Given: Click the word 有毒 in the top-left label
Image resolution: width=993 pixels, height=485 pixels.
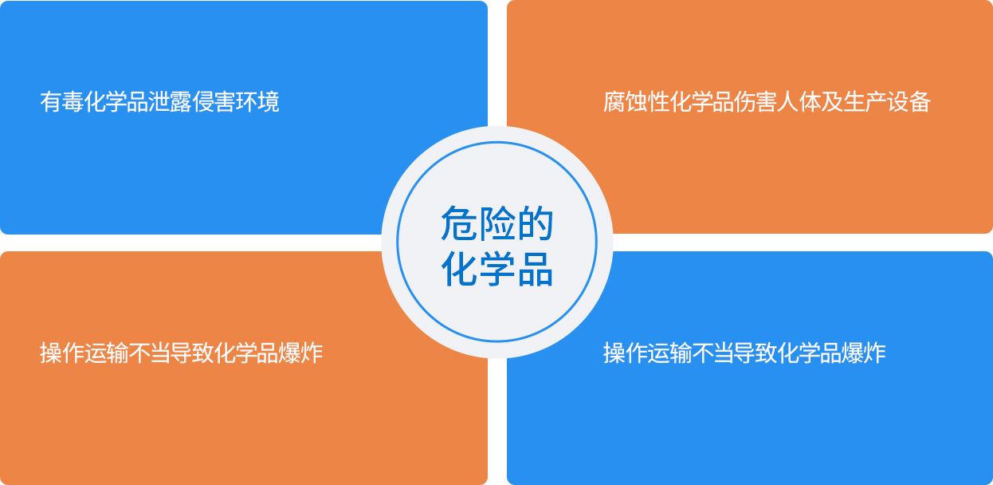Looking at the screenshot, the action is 61,102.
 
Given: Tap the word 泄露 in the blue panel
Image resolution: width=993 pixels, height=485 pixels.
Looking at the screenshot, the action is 170,102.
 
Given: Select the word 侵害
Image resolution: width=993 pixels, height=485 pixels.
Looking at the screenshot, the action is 214,102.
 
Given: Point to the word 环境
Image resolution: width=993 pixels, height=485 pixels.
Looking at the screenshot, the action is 257,102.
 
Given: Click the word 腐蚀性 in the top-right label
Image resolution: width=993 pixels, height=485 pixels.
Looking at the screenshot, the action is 636,102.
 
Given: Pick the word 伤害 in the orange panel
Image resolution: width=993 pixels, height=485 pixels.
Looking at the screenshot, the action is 755,102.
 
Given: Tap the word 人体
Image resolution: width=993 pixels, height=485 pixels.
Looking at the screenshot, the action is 799,102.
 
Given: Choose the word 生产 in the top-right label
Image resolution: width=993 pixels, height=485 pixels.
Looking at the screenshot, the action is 864,102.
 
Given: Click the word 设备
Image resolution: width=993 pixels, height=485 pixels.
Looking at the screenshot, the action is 908,102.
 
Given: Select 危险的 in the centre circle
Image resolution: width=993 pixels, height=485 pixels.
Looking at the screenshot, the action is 497,223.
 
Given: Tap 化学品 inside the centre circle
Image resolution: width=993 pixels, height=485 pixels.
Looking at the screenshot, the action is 497,270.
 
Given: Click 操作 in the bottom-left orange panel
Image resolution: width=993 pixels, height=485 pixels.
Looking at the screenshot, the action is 61,353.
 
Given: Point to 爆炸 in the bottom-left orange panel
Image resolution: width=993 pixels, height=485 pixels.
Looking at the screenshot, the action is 300,353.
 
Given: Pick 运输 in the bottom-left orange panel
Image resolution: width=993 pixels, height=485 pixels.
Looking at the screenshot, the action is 104,353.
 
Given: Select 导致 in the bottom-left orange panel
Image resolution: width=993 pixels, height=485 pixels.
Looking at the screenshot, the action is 191,353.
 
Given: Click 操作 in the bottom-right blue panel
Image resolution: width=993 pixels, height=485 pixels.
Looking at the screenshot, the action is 625,353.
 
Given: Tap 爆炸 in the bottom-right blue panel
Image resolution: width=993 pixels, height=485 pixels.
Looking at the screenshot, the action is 864,353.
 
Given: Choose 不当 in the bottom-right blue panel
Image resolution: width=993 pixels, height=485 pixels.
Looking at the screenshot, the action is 712,353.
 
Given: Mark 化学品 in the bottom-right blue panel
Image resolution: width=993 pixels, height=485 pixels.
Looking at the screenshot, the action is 810,353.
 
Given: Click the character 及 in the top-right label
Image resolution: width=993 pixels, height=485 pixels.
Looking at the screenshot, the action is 831,102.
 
